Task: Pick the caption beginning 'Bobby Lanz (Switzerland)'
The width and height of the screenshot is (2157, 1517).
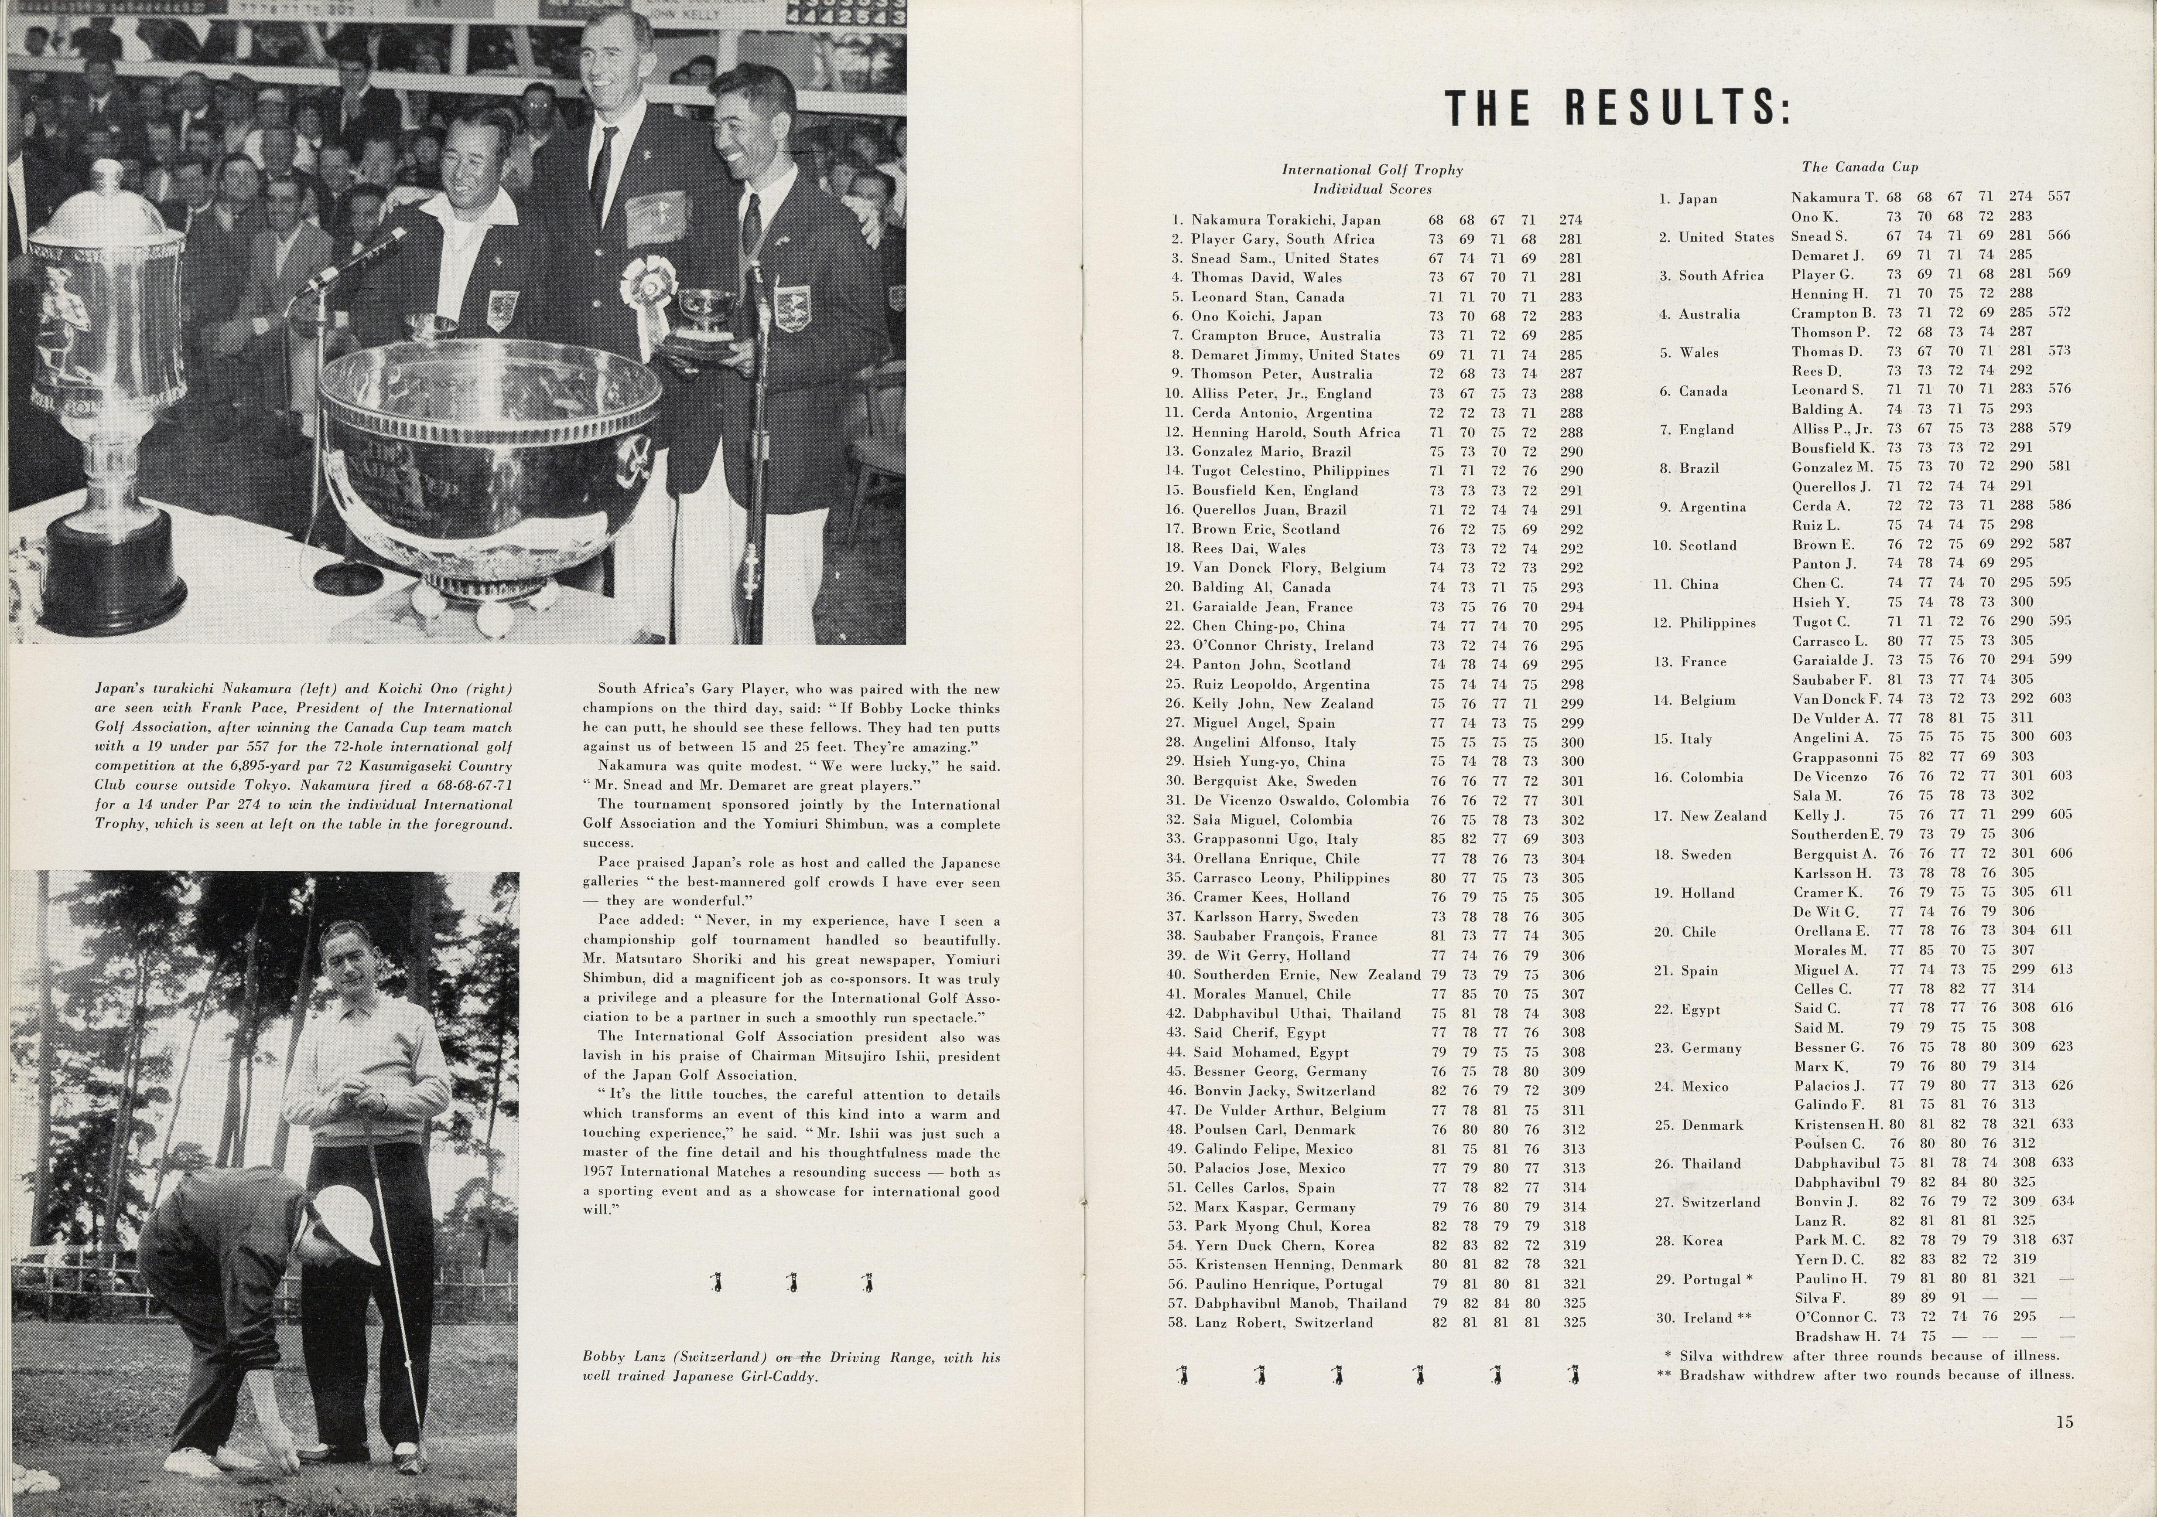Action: click(791, 1366)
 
